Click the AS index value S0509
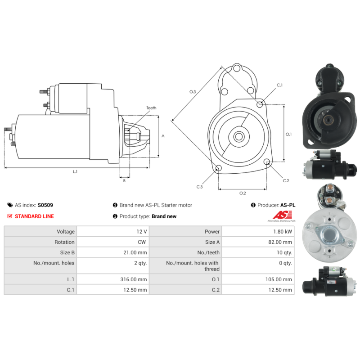point(45,205)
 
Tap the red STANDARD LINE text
point(35,216)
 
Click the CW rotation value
point(142,242)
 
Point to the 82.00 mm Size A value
point(280,242)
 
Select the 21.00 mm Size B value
point(135,252)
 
